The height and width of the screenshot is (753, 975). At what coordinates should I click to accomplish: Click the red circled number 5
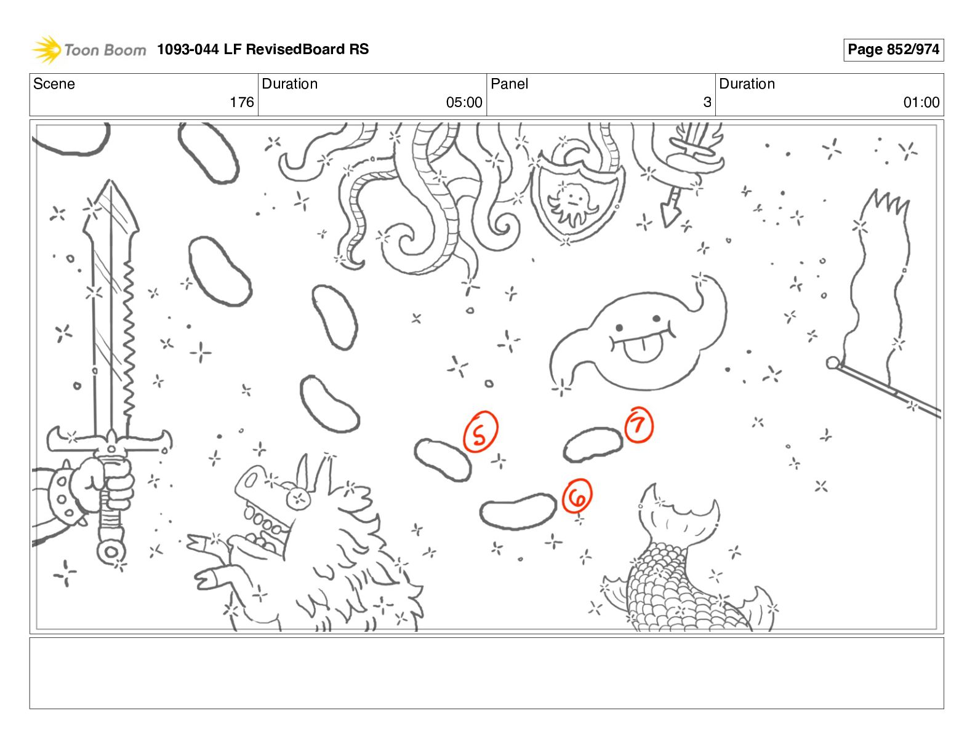pyautogui.click(x=481, y=431)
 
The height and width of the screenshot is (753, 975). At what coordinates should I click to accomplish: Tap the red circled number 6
pyautogui.click(x=577, y=496)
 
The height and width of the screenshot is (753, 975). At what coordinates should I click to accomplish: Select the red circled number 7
pyautogui.click(x=639, y=424)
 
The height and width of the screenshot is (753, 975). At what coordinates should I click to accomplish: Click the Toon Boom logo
pyautogui.click(x=89, y=49)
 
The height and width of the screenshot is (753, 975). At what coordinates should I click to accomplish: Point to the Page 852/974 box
pyautogui.click(x=893, y=49)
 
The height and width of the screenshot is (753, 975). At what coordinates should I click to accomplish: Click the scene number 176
pyautogui.click(x=242, y=102)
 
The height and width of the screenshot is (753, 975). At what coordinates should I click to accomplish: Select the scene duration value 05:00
pyautogui.click(x=464, y=102)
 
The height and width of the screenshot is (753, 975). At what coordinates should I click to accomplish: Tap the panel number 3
pyautogui.click(x=707, y=102)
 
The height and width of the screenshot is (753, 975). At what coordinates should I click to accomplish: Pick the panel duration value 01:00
pyautogui.click(x=921, y=102)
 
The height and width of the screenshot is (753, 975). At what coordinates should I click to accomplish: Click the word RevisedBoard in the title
pyautogui.click(x=294, y=49)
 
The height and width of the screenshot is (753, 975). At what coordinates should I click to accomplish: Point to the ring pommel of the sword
pyautogui.click(x=111, y=551)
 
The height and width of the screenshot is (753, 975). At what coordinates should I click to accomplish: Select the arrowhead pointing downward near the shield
pyautogui.click(x=670, y=214)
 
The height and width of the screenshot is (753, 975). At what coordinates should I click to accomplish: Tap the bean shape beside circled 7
pyautogui.click(x=593, y=444)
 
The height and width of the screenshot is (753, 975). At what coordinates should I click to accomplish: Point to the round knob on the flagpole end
pyautogui.click(x=833, y=363)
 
